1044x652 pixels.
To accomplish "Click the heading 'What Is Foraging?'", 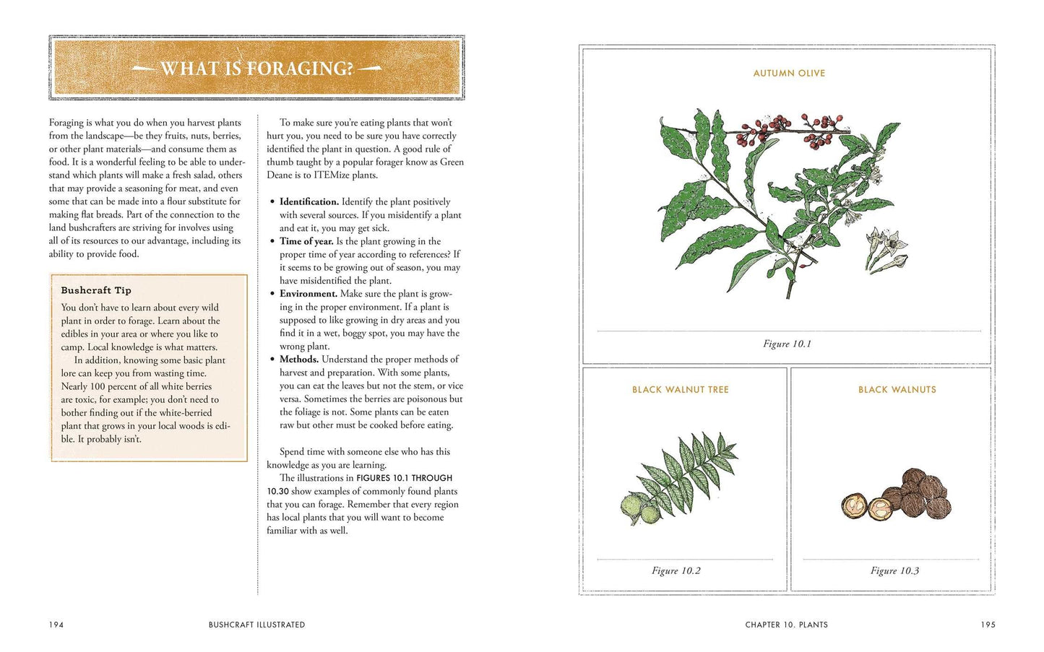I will (256, 69).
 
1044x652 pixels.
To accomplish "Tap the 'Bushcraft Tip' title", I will (96, 290).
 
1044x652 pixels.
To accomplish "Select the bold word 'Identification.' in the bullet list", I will (309, 202).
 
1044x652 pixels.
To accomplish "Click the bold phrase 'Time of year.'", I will (306, 241).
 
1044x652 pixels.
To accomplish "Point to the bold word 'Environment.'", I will (309, 294).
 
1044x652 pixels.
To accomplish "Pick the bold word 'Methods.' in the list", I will (299, 360).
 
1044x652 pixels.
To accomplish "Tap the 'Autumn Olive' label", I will (789, 74).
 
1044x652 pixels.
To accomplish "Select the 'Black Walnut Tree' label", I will (680, 390).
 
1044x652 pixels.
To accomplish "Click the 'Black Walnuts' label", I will (897, 390).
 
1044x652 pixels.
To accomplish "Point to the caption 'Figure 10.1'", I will (787, 344).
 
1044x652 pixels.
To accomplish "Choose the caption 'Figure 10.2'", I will (676, 571).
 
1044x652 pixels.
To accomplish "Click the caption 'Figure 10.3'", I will (894, 571).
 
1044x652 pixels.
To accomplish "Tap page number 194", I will (56, 625).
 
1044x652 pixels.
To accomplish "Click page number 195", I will (988, 625).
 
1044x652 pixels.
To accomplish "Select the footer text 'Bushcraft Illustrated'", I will (256, 625).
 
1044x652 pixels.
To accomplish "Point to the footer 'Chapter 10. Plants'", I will (786, 625).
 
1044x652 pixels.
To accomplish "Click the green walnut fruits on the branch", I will (640, 508).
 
